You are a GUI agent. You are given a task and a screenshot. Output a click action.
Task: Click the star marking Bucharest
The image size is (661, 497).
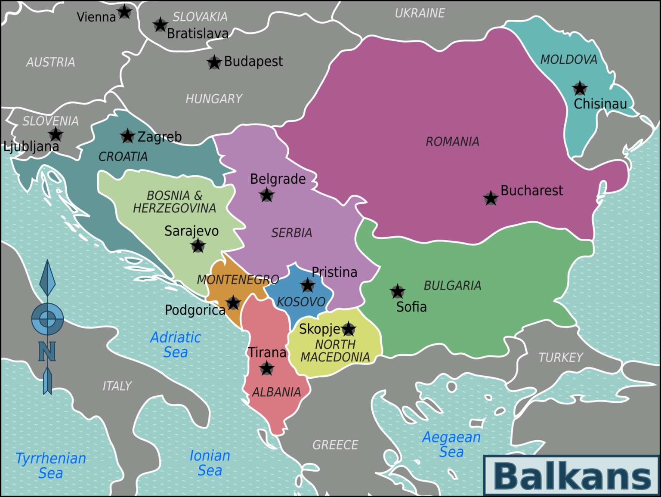[491, 198]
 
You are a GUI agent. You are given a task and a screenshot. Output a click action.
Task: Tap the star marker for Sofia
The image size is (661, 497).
[398, 291]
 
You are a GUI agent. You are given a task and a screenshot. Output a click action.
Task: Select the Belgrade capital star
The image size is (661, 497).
[267, 195]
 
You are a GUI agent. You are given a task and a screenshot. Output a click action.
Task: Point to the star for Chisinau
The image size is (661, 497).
[580, 88]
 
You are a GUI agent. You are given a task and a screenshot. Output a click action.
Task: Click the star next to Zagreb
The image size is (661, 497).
[127, 136]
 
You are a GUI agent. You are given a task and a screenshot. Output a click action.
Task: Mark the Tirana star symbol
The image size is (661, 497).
[267, 368]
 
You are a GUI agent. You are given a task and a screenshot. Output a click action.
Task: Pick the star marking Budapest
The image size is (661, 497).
[214, 62]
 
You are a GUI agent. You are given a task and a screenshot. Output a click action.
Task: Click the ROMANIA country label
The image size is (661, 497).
[452, 142]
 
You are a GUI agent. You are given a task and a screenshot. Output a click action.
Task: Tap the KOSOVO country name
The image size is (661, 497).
[301, 302]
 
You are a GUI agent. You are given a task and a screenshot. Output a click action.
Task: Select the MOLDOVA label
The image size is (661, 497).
[568, 59]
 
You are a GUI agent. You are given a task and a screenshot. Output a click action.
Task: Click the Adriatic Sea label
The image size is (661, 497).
[176, 345]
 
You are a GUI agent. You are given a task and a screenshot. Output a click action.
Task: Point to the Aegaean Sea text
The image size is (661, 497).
[451, 444]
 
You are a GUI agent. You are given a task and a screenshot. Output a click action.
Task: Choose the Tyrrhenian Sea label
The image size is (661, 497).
[51, 466]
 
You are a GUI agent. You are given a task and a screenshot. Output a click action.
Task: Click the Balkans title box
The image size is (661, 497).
[571, 476]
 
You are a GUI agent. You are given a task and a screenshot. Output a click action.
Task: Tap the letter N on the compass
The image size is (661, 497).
[47, 352]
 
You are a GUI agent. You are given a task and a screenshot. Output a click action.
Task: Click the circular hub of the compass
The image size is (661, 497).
[47, 319]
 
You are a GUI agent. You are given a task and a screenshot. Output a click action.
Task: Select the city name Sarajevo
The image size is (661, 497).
[192, 231]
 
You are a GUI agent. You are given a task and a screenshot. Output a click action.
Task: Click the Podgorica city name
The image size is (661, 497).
[195, 310]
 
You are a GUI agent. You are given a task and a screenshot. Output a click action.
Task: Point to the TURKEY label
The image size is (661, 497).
[561, 357]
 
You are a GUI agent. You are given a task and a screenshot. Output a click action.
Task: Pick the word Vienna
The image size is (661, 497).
[96, 17]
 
